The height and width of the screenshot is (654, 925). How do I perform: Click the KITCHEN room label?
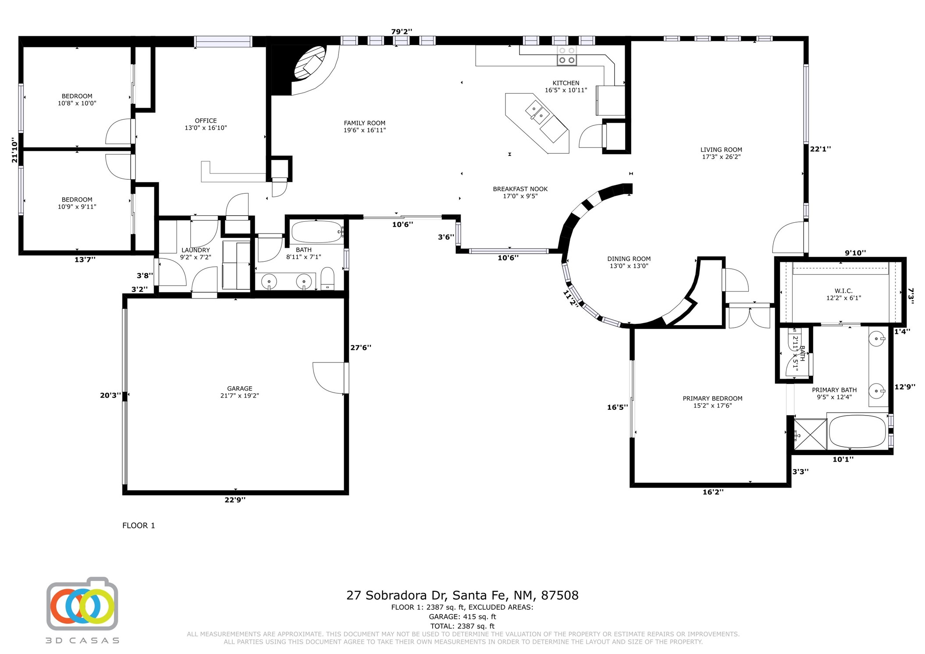(566, 83)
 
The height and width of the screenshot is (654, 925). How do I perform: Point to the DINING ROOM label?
(629, 259)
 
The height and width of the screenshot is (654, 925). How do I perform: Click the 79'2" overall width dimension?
(402, 32)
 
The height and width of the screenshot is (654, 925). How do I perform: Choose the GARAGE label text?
(239, 388)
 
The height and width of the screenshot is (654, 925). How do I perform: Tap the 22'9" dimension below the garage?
(235, 499)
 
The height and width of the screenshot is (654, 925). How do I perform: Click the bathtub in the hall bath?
(317, 232)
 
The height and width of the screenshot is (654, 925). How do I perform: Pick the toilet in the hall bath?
(327, 279)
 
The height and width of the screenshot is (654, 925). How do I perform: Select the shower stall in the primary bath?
(810, 434)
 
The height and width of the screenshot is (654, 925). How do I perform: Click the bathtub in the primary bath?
(857, 431)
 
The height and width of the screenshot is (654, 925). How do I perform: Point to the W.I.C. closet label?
(843, 291)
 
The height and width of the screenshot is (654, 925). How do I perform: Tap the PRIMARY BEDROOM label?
(712, 398)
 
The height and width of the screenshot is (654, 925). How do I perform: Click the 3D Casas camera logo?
(82, 605)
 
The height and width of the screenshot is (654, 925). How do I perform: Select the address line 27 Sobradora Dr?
(462, 595)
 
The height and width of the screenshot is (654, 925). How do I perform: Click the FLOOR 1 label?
(139, 526)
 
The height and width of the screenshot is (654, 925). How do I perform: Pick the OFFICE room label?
(206, 121)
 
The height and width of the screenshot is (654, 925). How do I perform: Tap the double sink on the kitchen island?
(537, 110)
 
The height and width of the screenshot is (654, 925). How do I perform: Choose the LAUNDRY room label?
(196, 250)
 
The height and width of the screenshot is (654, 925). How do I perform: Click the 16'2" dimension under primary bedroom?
(713, 492)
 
